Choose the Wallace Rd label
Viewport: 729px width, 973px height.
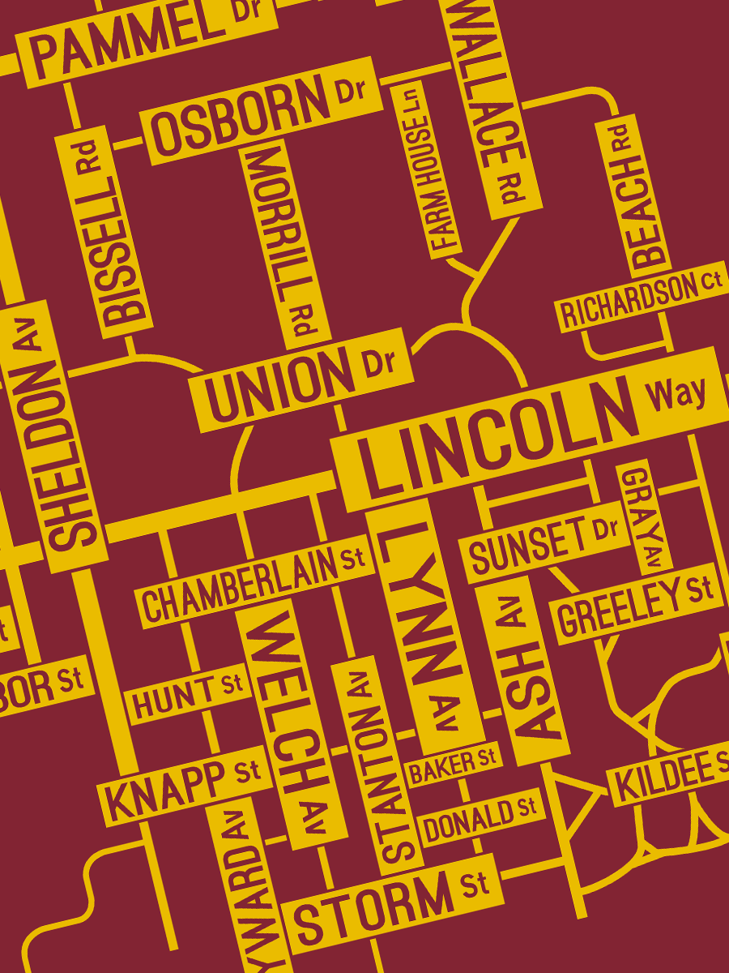(491, 105)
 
